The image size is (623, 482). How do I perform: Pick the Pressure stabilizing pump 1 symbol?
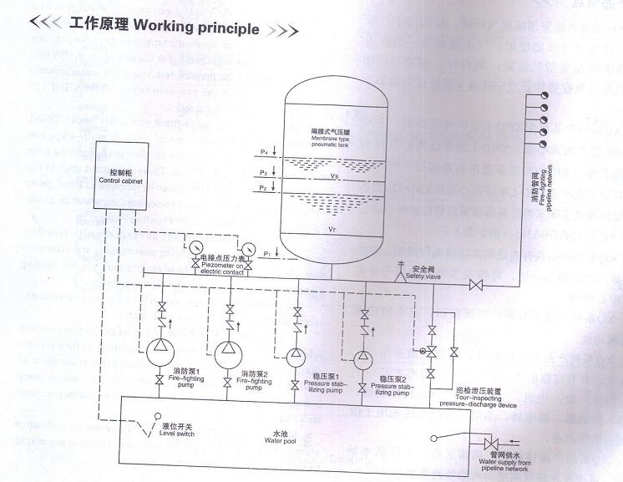(x=296, y=356)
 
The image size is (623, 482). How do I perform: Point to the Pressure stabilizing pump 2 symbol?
(x=363, y=358)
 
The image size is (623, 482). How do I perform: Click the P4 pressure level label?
(x=263, y=152)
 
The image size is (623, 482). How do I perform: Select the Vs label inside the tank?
(x=334, y=176)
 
